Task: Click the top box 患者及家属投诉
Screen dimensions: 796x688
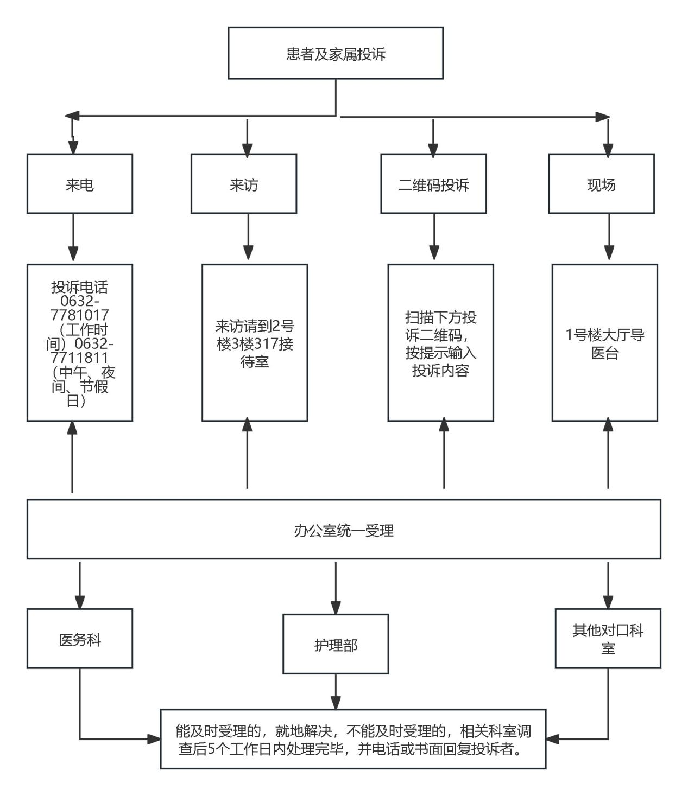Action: pyautogui.click(x=336, y=53)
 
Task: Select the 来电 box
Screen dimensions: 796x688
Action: pyautogui.click(x=80, y=184)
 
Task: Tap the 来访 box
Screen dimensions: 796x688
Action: pyautogui.click(x=244, y=184)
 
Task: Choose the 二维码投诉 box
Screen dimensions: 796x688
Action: pyautogui.click(x=433, y=184)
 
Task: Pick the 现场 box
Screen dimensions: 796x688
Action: pyautogui.click(x=601, y=184)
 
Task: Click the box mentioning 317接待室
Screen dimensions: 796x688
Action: pyautogui.click(x=255, y=343)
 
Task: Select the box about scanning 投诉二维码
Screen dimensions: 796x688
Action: pyautogui.click(x=440, y=343)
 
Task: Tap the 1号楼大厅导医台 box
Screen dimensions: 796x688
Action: pyautogui.click(x=605, y=343)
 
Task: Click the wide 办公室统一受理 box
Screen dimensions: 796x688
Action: pyautogui.click(x=344, y=530)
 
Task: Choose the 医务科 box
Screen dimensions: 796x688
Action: pyautogui.click(x=80, y=639)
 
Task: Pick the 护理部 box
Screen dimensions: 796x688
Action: pyautogui.click(x=336, y=644)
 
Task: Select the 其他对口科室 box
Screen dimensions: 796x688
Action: pyautogui.click(x=608, y=639)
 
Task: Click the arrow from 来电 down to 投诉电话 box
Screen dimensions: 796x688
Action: pyautogui.click(x=73, y=238)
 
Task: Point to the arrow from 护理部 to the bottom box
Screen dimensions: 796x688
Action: pyautogui.click(x=336, y=691)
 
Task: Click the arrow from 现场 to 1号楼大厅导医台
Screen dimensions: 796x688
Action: pyautogui.click(x=609, y=238)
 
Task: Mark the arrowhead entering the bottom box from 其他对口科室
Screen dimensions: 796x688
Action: pyautogui.click(x=552, y=738)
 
